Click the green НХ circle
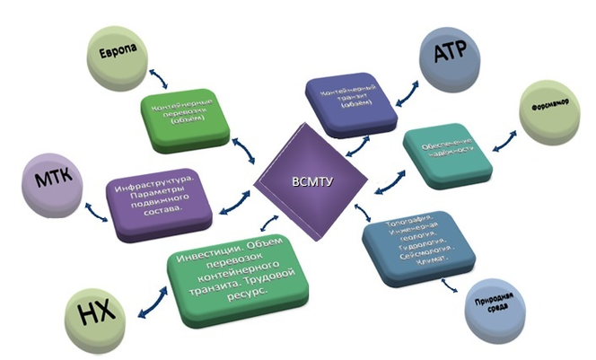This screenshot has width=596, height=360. tap(95, 314)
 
